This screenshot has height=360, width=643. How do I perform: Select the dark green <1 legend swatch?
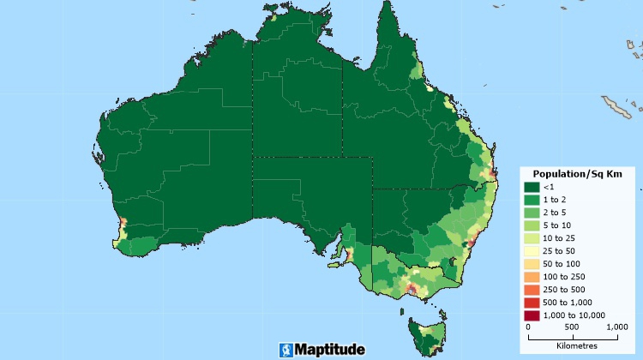tap(532, 188)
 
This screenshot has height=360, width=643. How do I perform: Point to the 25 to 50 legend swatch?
tap(532, 251)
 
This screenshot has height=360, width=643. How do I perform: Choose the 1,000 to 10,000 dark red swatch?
tap(532, 315)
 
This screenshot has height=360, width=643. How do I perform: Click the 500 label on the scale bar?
tap(573, 327)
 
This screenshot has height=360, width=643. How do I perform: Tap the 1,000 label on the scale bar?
tap(616, 327)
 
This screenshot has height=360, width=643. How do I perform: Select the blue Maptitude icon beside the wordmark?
tap(285, 350)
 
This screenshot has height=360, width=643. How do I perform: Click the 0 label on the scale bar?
tap(528, 327)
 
